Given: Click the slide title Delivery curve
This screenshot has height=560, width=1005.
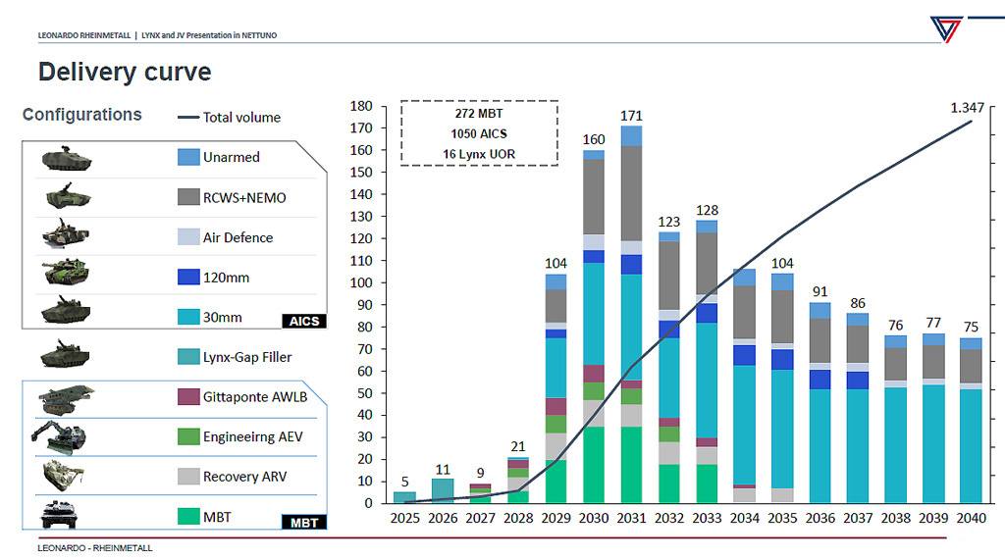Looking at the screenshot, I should [125, 72].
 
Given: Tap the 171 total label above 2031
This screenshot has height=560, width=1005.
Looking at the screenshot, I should [631, 117].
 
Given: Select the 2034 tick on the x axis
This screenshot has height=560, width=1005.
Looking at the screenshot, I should [744, 517].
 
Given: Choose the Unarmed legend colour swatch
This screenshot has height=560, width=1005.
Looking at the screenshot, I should [189, 157].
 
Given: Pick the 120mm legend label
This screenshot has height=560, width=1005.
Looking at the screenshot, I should [226, 278].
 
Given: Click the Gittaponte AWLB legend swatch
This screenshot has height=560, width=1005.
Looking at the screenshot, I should [189, 396].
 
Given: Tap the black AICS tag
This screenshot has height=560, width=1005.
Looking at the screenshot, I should [304, 322].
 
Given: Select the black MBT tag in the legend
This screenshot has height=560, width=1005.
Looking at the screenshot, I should [304, 523].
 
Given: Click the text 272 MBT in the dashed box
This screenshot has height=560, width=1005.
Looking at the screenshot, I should [479, 114].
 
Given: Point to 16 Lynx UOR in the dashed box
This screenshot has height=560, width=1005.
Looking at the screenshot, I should [479, 153].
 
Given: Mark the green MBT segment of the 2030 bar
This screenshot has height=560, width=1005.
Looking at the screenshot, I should [594, 465].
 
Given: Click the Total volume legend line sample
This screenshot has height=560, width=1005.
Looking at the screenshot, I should [187, 118].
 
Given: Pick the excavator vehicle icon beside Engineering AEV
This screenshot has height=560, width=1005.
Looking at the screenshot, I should [65, 436].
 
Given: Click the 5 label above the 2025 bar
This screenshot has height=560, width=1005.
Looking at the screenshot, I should [404, 482].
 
